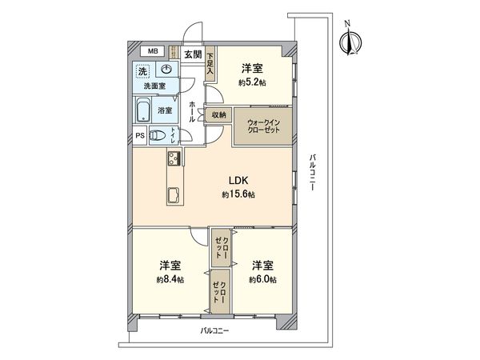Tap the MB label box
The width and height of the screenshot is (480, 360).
click(151, 53)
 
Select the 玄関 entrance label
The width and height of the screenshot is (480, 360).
click(192, 54)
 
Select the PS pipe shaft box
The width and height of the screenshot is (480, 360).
click(139, 135)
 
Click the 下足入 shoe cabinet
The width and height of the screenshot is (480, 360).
click(210, 63)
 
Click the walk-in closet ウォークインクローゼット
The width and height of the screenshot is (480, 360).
click(262, 125)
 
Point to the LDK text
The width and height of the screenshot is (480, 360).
click(239, 181)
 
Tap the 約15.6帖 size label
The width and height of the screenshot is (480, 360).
click(239, 194)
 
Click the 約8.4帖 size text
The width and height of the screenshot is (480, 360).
click(169, 279)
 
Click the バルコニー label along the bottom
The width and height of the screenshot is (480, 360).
click(215, 330)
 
